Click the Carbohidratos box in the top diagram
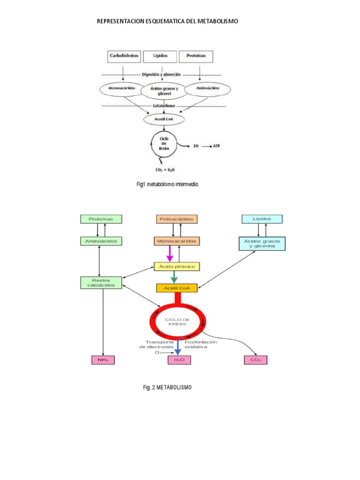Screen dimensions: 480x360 tap(123, 56)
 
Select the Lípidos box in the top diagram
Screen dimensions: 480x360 tap(160, 56)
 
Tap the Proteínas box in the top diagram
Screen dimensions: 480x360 tap(196, 56)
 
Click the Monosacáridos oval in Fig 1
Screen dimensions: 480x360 tap(118, 88)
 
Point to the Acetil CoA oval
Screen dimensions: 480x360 tap(164, 120)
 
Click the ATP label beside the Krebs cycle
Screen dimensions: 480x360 tap(216, 146)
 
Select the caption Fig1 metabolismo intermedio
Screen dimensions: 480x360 tap(167, 185)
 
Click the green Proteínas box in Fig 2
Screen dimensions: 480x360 tap(101, 219)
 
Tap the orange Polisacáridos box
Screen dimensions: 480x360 tap(177, 219)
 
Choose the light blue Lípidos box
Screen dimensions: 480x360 tap(262, 219)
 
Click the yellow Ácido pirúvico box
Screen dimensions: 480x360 tap(177, 266)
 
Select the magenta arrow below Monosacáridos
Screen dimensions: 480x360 tap(170, 254)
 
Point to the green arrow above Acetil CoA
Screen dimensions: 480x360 tap(174, 277)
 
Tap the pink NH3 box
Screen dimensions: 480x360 tap(103, 360)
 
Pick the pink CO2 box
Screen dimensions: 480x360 tap(255, 360)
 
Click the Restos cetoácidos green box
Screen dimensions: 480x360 tap(101, 282)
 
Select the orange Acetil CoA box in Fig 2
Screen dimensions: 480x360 tap(177, 288)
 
